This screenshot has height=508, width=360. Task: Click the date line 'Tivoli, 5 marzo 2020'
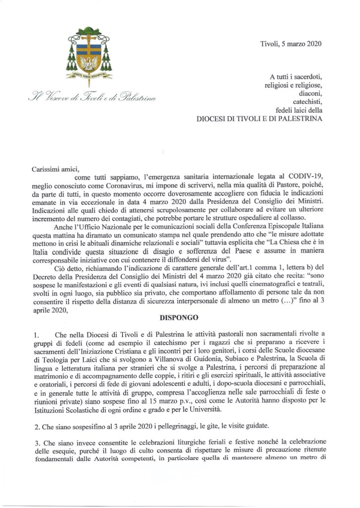pos(291,44)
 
